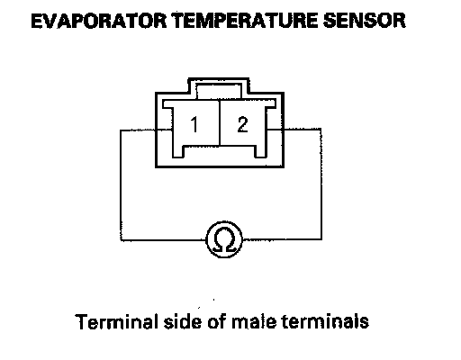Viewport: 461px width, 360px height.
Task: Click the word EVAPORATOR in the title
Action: [99, 21]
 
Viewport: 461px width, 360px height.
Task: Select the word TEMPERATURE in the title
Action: [245, 21]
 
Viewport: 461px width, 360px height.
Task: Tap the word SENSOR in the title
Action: [365, 21]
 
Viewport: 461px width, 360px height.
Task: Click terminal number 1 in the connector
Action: [194, 124]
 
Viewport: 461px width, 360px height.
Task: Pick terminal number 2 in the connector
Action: [242, 124]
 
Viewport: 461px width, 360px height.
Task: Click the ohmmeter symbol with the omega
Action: [224, 239]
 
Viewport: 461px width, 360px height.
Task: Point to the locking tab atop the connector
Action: [219, 88]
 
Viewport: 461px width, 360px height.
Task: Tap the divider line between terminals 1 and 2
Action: [220, 123]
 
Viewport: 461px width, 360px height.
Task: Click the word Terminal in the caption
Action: [117, 321]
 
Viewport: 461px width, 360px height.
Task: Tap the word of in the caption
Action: [216, 321]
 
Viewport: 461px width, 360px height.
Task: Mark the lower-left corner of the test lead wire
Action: [121, 240]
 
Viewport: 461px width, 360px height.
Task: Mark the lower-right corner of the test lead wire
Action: [321, 239]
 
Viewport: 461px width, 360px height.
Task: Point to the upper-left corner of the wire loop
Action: [121, 130]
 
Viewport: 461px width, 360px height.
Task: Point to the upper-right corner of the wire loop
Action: [321, 130]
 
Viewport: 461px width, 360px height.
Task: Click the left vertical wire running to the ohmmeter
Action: [121, 185]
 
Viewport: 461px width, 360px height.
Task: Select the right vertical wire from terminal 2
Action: [321, 184]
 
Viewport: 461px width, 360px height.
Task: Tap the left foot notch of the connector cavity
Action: [178, 151]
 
